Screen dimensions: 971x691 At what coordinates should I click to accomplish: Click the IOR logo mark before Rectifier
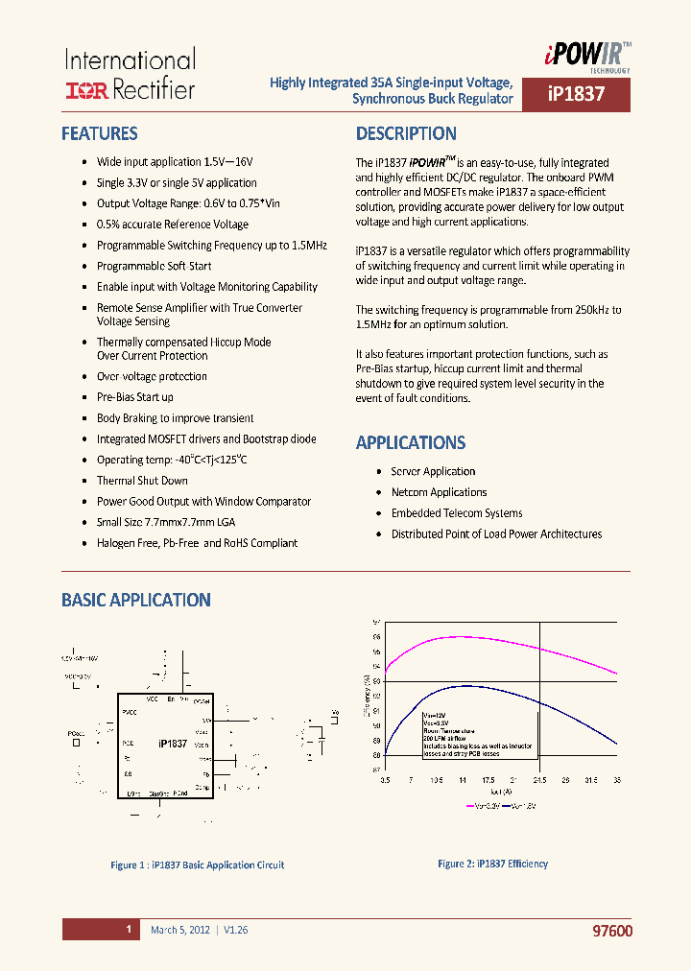84,90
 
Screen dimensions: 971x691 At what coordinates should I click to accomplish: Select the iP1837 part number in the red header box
576,96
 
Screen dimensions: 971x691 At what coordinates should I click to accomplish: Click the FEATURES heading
100,133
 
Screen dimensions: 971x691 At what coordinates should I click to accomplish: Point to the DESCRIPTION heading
406,133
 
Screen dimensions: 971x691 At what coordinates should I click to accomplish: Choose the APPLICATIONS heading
411,442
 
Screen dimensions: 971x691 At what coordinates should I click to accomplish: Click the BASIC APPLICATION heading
136,600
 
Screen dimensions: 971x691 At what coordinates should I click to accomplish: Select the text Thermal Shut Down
142,481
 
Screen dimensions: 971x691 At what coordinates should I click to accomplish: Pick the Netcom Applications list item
439,492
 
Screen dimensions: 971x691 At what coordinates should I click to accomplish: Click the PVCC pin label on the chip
130,711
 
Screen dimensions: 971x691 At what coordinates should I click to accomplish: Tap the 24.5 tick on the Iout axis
539,780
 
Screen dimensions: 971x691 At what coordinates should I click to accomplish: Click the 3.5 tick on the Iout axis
385,780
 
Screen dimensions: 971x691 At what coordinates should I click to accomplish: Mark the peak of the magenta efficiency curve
461,636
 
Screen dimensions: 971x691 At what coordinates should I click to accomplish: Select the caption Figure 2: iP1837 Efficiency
492,864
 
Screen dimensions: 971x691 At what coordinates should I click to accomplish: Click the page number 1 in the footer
128,930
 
